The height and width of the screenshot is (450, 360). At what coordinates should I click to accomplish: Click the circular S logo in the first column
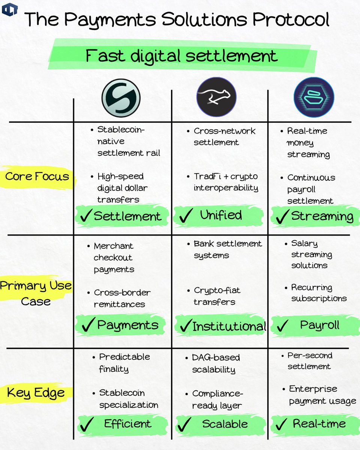121,98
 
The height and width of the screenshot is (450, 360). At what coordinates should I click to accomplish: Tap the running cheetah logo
217,98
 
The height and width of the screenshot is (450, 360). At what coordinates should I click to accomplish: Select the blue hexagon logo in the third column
314,97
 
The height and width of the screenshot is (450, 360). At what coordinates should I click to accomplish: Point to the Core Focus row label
37,176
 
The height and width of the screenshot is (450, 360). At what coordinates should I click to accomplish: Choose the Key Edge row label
36,393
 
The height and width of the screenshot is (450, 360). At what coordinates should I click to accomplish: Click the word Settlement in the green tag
127,216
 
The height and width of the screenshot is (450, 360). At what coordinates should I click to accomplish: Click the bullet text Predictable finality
124,363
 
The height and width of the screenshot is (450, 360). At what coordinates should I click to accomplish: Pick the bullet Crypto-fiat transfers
217,296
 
